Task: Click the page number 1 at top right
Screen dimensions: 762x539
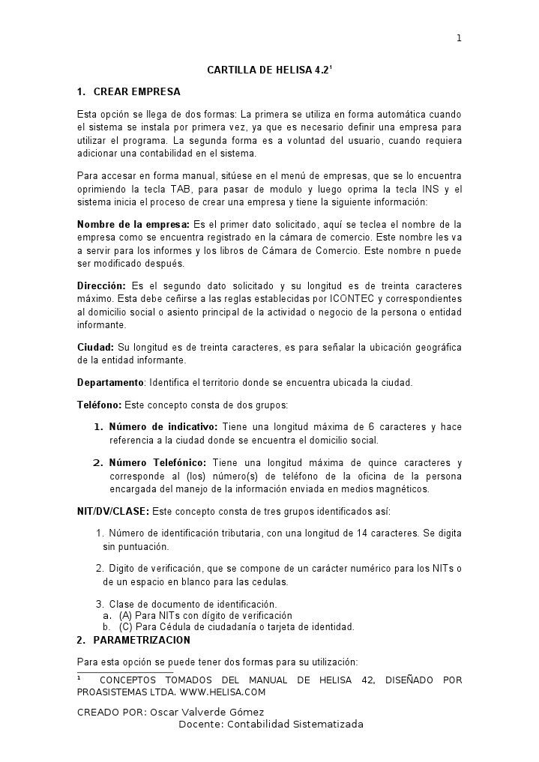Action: point(459,39)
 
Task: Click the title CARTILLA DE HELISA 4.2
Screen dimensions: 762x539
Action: point(268,70)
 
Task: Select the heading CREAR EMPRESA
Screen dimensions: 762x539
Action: point(136,92)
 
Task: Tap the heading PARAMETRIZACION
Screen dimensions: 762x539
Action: point(142,641)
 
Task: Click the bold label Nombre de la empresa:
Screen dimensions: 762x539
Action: point(133,224)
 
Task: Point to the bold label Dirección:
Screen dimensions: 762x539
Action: point(101,286)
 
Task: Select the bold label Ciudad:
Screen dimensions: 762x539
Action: point(96,348)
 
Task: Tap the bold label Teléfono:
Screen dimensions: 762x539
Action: point(99,405)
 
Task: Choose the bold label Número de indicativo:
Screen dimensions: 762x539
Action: point(163,427)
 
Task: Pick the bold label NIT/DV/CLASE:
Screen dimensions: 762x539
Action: point(113,512)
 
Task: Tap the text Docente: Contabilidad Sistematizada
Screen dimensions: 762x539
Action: point(271,725)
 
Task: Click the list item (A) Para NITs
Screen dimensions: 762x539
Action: point(200,616)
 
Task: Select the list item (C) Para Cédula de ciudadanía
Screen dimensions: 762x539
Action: point(236,627)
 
